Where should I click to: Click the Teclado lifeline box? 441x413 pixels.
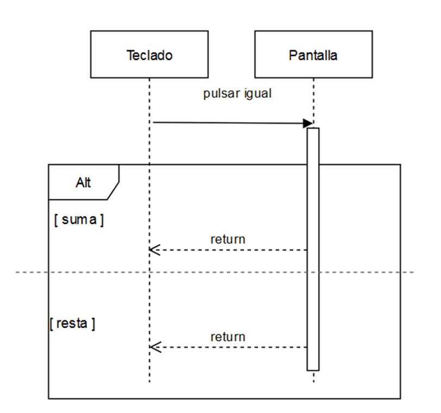click(x=149, y=54)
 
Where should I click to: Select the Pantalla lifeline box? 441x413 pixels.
click(x=313, y=54)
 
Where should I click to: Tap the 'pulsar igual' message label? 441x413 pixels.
click(x=237, y=93)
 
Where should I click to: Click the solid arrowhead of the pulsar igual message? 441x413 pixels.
click(x=308, y=123)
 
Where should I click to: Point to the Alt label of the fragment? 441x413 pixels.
click(x=83, y=183)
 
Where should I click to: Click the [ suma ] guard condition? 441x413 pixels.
click(x=79, y=220)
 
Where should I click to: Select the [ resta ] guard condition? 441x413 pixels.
click(x=72, y=323)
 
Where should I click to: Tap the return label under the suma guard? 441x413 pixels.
click(x=228, y=239)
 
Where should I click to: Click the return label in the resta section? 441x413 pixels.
click(x=228, y=336)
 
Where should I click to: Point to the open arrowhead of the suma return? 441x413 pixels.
click(x=154, y=250)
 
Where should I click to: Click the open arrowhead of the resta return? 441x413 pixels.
click(x=154, y=347)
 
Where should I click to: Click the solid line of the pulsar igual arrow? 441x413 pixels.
click(x=228, y=123)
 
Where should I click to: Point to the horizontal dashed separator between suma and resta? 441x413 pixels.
click(x=218, y=271)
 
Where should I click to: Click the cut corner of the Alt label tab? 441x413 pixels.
click(x=114, y=191)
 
